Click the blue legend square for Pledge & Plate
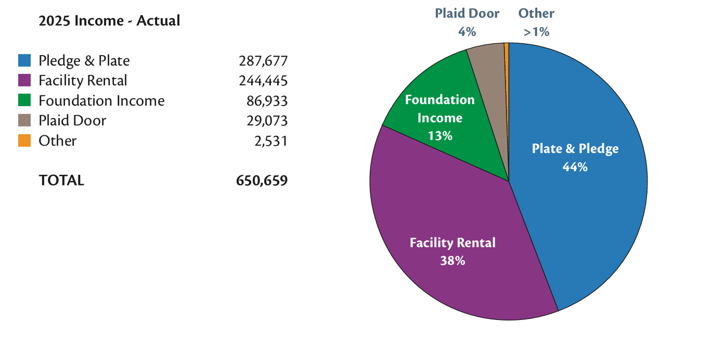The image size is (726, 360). point(24,61)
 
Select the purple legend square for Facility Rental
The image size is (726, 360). point(24,81)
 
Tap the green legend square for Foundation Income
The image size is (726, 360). point(24,100)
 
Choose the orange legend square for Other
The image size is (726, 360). point(24,140)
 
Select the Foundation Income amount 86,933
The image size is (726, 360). point(267,100)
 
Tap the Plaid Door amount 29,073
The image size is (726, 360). point(267,121)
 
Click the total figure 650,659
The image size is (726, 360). point(262,181)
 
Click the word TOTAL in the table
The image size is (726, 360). point(61,181)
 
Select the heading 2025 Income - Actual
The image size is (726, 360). point(109,21)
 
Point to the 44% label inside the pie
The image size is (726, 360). point(575,167)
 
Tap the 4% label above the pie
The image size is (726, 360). point(466,32)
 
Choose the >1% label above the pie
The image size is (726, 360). point(536,32)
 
